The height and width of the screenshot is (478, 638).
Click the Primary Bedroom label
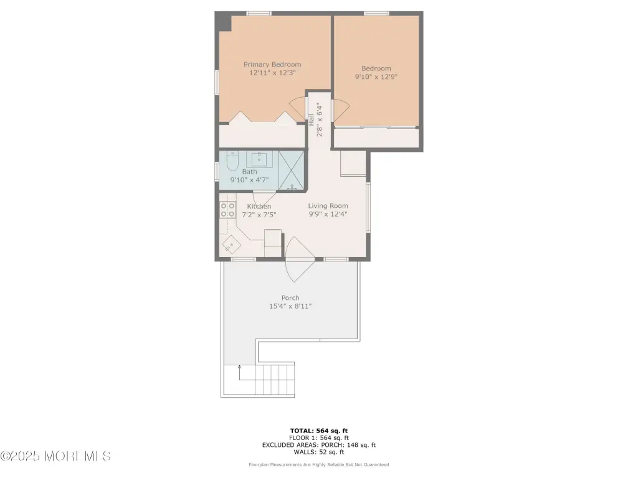click(x=272, y=64)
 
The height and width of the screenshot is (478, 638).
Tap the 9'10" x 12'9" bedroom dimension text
click(x=376, y=77)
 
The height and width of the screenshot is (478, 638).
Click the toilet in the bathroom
click(x=232, y=161)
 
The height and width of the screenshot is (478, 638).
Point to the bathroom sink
click(x=259, y=159)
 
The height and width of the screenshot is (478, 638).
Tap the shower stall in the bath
click(x=292, y=171)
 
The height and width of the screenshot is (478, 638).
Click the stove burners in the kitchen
click(x=228, y=210)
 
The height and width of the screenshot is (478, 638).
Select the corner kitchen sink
click(x=231, y=245)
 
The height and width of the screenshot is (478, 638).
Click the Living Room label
click(x=328, y=205)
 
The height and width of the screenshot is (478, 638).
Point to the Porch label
click(x=290, y=298)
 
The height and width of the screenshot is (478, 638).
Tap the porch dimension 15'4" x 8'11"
click(x=290, y=306)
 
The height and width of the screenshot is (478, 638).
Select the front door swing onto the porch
click(x=300, y=260)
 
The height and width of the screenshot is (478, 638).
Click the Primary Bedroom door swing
click(x=298, y=108)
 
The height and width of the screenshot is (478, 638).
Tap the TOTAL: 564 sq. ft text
click(x=319, y=431)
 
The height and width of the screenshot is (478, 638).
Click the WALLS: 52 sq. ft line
click(x=319, y=452)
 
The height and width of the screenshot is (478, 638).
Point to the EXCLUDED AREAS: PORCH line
click(x=319, y=445)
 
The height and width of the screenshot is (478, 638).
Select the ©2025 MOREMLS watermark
click(x=55, y=456)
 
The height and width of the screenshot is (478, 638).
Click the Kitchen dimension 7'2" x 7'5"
click(x=259, y=215)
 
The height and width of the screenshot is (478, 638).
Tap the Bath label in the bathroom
click(x=249, y=172)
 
